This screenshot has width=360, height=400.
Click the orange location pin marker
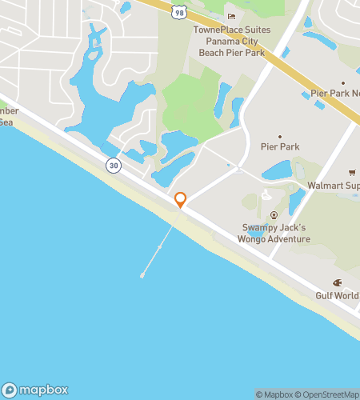pos(181,199)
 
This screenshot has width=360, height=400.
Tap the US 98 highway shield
pos(179,10)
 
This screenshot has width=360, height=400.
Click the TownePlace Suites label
pos(232,30)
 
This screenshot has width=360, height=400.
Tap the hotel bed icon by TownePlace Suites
pos(232,16)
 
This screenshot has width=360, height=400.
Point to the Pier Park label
pos(279,147)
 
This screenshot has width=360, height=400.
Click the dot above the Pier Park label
pos(279,136)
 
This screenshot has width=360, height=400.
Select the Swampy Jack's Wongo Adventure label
pos(275,233)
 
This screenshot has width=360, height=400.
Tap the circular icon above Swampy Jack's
pos(274,214)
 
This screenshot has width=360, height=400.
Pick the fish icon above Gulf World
pos(338,282)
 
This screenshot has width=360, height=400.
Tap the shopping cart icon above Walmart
pos(351,173)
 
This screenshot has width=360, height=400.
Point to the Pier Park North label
pos(335,94)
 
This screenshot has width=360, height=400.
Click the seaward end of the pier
pos(142,276)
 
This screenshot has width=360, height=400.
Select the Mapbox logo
pos(35,390)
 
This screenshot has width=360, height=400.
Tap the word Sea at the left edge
pos(6,122)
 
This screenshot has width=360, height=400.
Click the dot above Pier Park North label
pos(343,82)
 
